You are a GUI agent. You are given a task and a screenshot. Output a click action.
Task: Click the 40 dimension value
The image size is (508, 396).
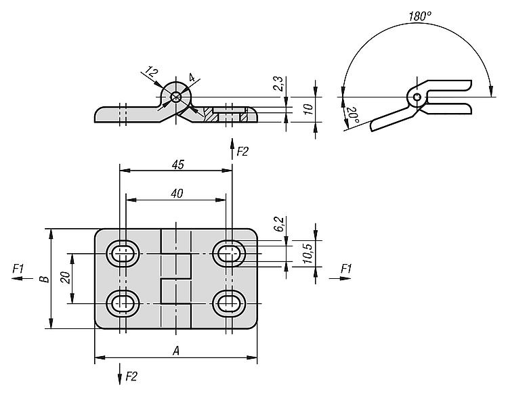(x=176, y=193)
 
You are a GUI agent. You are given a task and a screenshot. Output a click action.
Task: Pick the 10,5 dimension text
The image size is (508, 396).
(x=306, y=254)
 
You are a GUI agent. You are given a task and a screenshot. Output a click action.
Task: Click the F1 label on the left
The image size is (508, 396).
(x=19, y=269)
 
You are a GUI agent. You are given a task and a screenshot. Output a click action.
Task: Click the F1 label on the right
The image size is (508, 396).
(x=346, y=269)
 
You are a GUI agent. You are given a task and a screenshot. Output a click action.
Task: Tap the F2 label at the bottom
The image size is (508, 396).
(x=131, y=376)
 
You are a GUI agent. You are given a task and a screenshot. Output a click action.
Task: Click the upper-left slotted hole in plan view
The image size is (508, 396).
(x=123, y=254)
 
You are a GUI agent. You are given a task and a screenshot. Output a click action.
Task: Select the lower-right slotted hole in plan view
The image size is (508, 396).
(x=230, y=302)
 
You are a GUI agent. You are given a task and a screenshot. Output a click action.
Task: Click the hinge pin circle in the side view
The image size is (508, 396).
(x=175, y=97)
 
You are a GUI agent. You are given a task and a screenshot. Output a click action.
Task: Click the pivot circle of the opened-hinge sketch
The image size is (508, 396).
(x=417, y=98)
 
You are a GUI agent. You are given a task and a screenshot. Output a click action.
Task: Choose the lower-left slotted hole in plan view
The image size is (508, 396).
(x=123, y=302)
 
